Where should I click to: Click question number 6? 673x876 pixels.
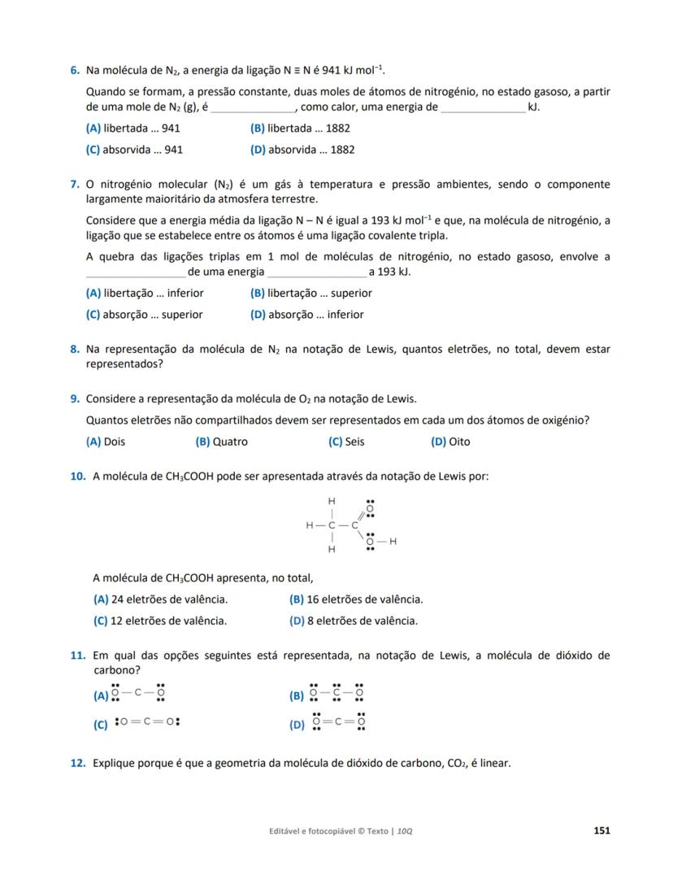(x=74, y=70)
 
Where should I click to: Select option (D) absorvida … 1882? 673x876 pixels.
(x=302, y=150)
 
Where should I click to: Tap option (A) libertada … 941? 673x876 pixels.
(x=132, y=129)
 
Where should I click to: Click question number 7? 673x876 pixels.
(x=74, y=185)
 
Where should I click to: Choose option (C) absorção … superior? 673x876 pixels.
(x=144, y=315)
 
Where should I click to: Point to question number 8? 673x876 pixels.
(x=74, y=349)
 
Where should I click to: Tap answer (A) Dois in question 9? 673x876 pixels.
(x=106, y=442)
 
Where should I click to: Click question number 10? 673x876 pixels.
(x=78, y=476)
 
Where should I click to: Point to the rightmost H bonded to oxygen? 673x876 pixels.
(x=393, y=541)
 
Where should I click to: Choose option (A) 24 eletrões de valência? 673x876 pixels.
(x=160, y=599)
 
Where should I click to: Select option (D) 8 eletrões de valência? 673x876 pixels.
(x=354, y=621)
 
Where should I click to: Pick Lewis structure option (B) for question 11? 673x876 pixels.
(x=327, y=695)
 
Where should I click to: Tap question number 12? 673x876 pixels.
(x=78, y=763)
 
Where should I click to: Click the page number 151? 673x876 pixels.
(x=601, y=830)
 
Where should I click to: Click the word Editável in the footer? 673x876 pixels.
(x=286, y=831)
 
